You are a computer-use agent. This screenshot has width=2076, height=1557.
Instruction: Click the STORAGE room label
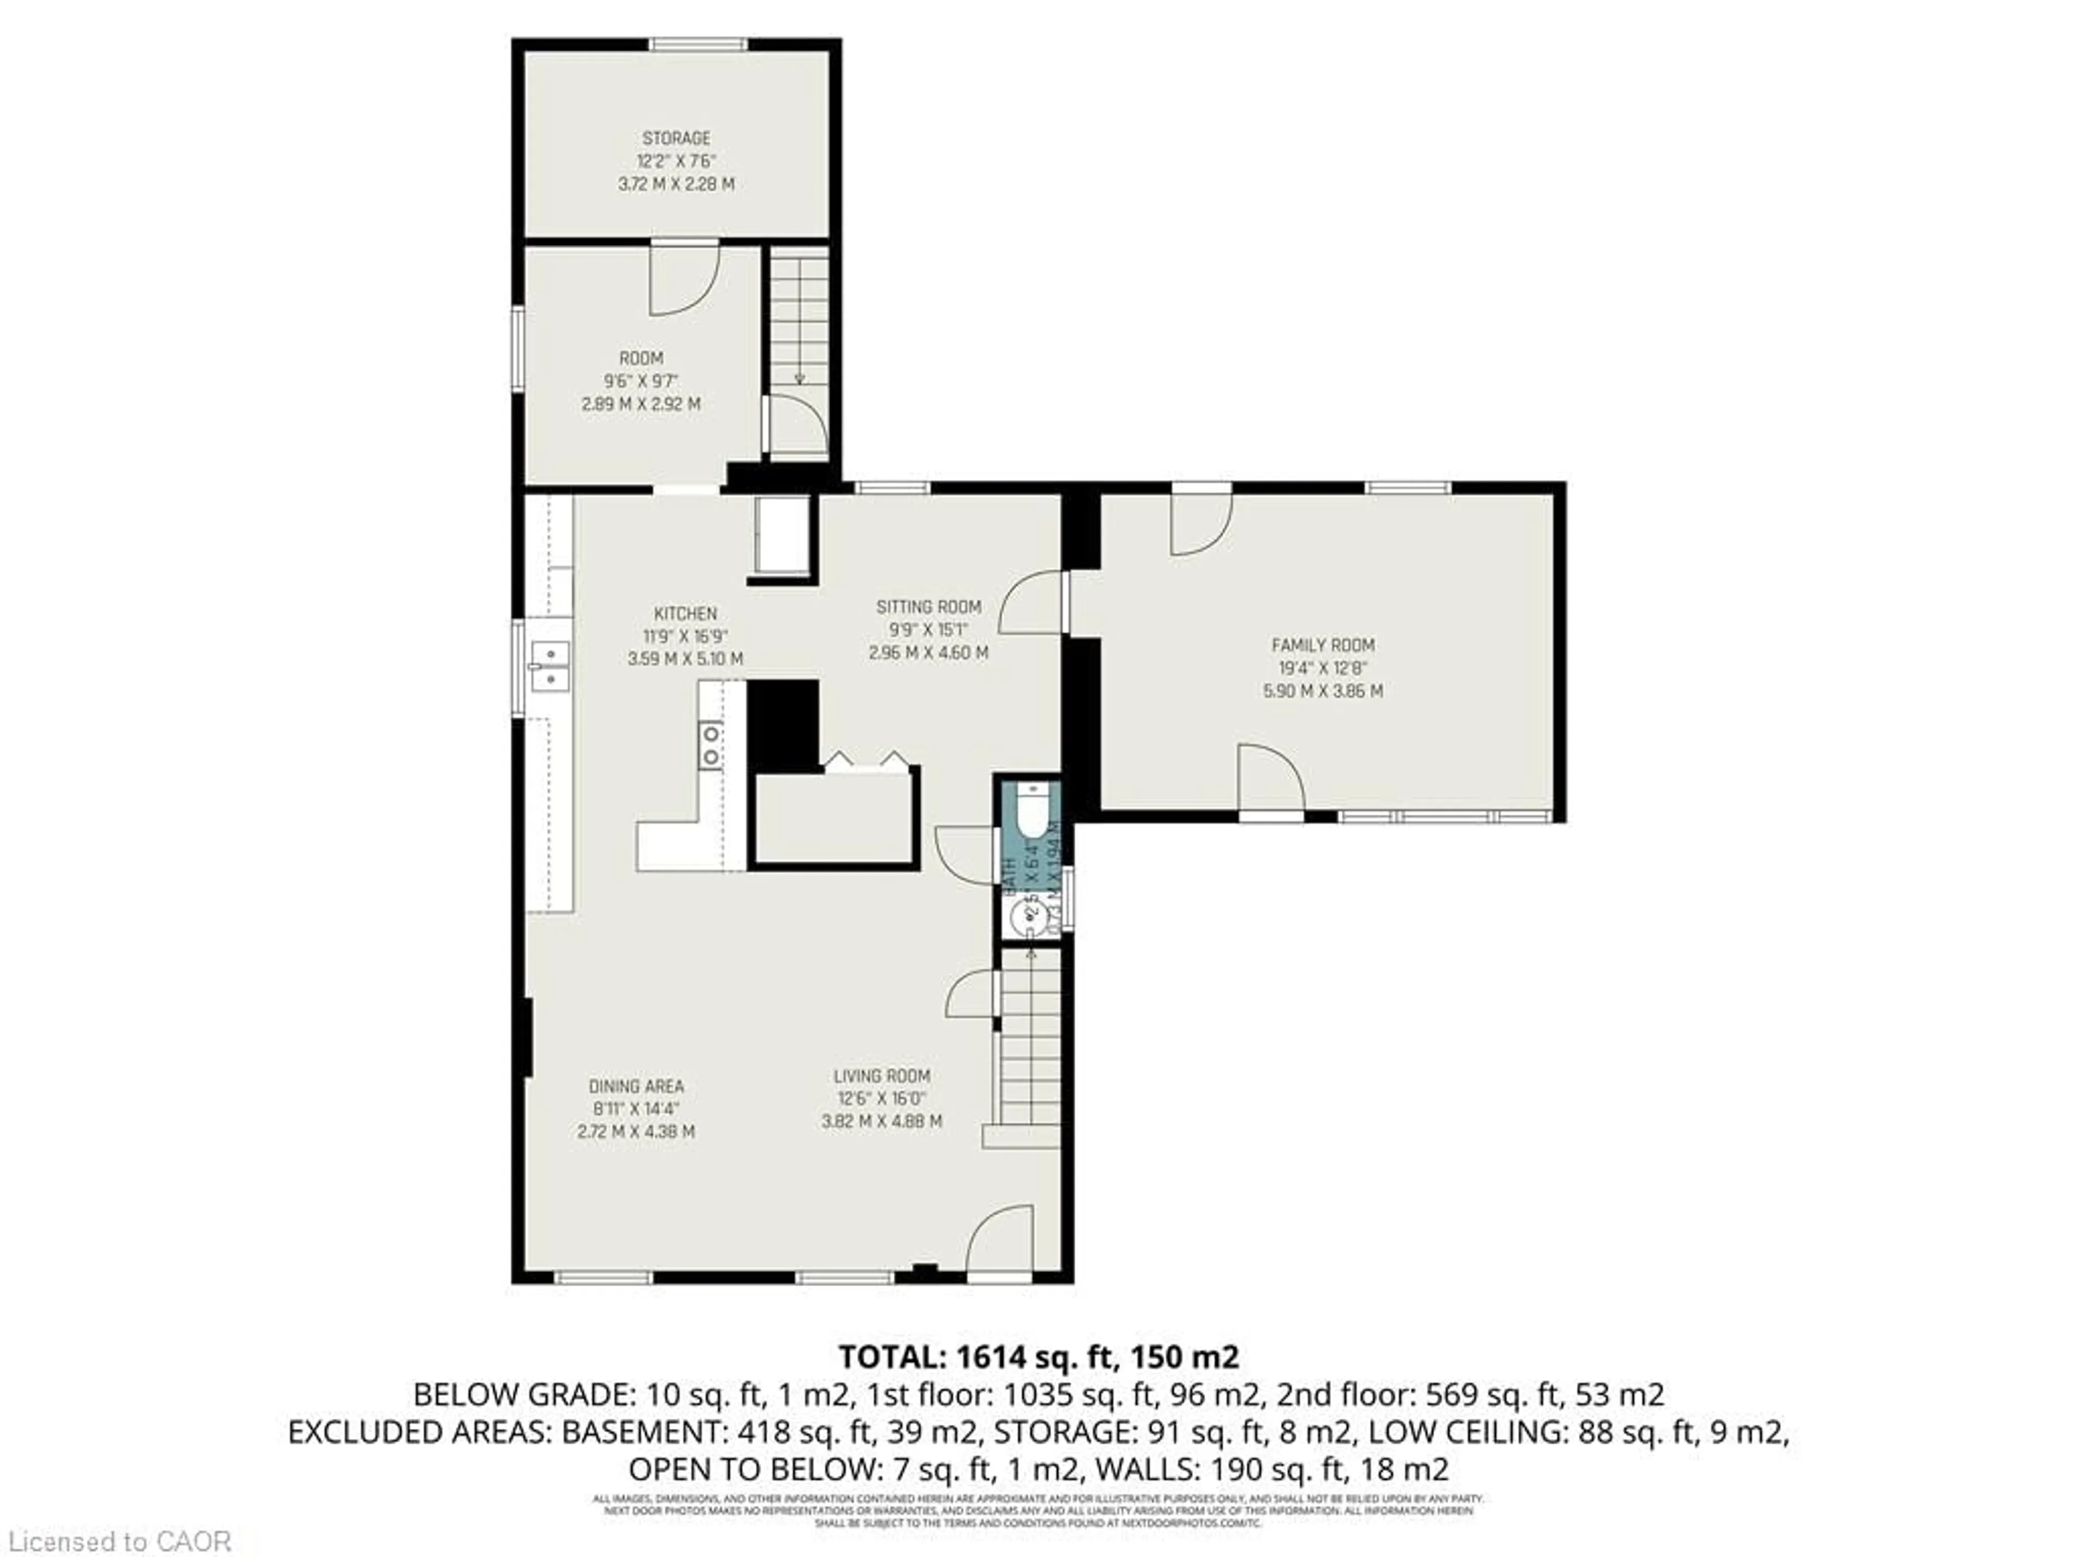676,138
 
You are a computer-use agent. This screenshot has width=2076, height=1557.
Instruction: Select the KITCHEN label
685,614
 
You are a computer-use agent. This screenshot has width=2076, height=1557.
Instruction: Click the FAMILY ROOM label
1322,645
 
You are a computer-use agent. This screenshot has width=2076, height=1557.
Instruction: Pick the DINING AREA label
636,1086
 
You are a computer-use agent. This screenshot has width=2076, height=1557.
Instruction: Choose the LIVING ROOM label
881,1075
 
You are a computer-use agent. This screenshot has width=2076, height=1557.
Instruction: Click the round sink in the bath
1026,915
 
